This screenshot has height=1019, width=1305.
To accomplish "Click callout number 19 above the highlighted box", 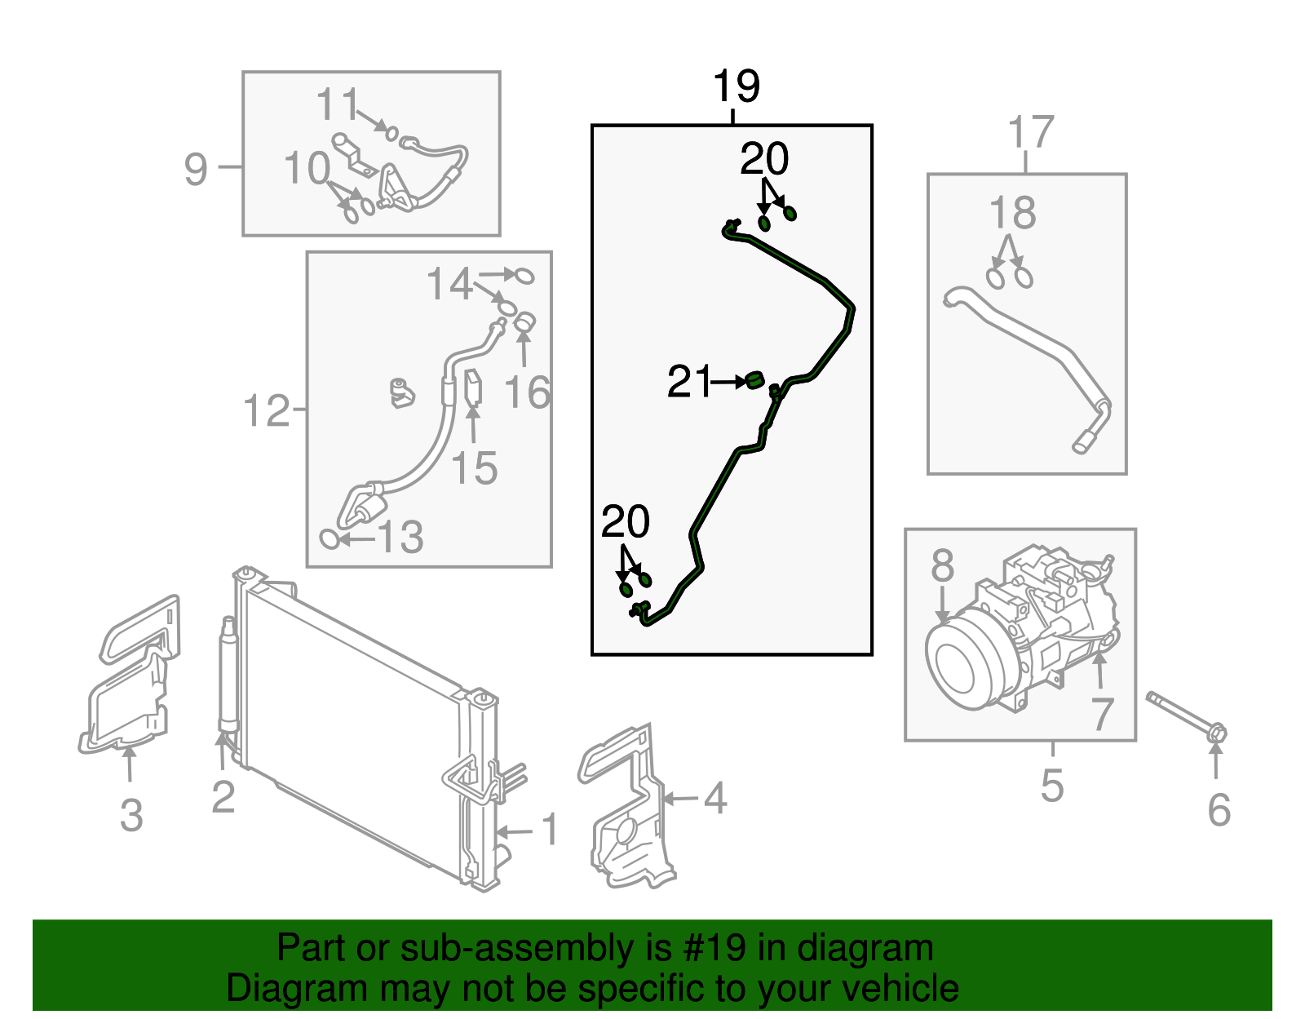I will coord(736,86).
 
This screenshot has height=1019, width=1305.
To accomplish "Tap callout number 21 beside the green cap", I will coord(689,382).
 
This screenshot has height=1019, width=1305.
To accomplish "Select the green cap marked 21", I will coord(754,379).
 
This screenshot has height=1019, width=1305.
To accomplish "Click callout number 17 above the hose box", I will coord(1031,132).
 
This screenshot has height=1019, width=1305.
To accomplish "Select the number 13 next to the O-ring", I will coord(400,538).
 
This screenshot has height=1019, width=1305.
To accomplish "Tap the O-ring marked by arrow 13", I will coord(330,538).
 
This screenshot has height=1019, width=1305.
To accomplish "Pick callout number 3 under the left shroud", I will coord(130,815).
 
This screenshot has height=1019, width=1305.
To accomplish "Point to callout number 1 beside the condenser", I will coord(550,830).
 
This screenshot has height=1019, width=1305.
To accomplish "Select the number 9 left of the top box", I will coord(196,170).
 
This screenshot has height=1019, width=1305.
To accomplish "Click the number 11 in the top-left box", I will coord(338,105).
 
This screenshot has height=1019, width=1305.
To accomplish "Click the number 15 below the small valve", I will coord(474,468).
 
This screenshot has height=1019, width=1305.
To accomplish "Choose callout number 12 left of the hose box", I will coord(266,410).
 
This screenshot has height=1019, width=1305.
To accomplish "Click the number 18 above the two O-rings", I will coord(1012,214).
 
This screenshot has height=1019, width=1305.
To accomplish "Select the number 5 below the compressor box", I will coord(1052,786).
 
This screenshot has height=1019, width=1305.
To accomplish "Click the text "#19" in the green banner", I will coord(710,949).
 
